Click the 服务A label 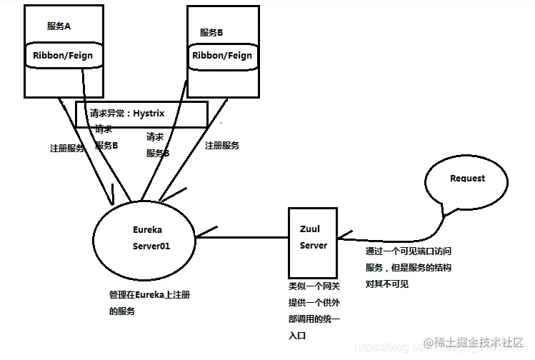59,26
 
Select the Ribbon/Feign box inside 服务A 62,55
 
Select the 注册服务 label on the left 67,149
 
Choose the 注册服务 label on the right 222,145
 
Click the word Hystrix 154,112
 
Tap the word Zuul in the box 310,229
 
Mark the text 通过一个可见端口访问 408,251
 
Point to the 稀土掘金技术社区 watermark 479,344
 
